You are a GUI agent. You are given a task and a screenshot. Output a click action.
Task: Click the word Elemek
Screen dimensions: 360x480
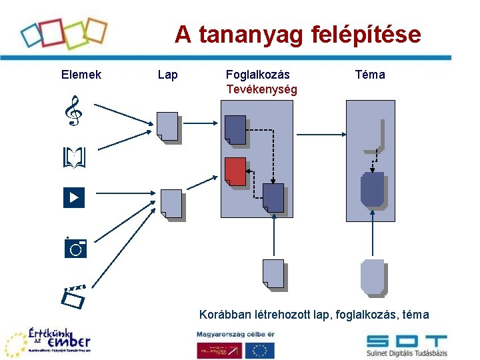81,75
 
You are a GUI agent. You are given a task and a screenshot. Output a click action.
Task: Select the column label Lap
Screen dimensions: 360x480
168,75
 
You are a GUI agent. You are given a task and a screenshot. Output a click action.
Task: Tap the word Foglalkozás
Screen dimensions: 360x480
258,75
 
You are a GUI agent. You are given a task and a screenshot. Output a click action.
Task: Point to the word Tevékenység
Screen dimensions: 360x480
261,89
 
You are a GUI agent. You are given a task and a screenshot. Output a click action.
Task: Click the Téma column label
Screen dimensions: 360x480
370,75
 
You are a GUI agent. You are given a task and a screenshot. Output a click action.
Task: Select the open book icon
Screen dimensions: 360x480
75,158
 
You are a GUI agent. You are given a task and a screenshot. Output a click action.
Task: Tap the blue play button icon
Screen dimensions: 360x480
74,197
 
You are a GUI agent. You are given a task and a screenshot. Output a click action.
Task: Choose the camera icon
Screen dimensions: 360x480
75,247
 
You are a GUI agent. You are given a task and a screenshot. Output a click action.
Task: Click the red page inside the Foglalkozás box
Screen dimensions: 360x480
235,172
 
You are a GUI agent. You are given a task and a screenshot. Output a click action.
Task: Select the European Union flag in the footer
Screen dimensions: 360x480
260,349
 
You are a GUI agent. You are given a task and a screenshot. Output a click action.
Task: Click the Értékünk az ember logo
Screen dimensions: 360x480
50,341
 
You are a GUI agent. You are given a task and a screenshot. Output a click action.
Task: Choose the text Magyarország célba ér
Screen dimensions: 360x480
235,333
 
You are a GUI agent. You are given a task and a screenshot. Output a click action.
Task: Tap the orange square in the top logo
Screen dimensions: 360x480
95,30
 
